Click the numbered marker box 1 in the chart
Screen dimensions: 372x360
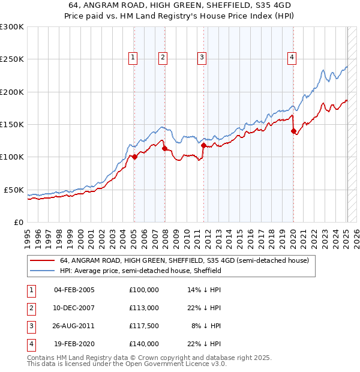[x=133, y=58]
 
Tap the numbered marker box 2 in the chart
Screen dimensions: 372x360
[x=163, y=58]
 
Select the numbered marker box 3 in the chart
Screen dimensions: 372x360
[x=202, y=58]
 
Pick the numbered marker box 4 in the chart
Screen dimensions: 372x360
[x=292, y=58]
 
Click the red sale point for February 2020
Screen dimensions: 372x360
[x=293, y=131]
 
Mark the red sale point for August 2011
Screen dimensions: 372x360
[x=203, y=145]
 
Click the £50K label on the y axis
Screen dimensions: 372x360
[x=14, y=190]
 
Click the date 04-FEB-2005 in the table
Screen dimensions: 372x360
[x=74, y=290]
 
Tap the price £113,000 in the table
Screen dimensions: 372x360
[x=143, y=308]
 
